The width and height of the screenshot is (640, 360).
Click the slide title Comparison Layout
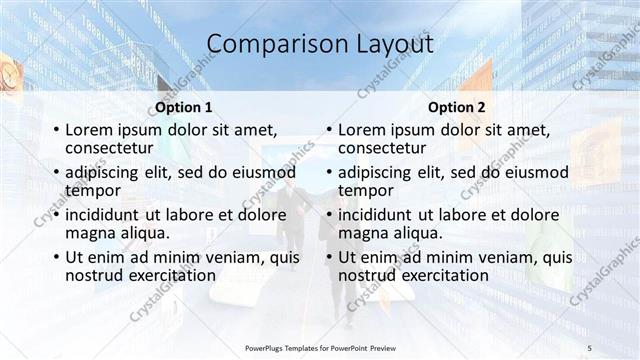click(x=320, y=44)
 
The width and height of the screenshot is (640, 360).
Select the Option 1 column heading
click(x=183, y=107)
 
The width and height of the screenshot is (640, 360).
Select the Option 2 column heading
click(x=456, y=107)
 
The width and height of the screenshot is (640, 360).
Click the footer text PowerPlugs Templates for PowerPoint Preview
click(x=319, y=347)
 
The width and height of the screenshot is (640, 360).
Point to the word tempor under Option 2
click(x=366, y=190)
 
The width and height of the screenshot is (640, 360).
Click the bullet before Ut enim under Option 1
click(x=55, y=258)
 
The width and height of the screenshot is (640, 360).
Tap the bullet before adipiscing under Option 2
click(x=328, y=173)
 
